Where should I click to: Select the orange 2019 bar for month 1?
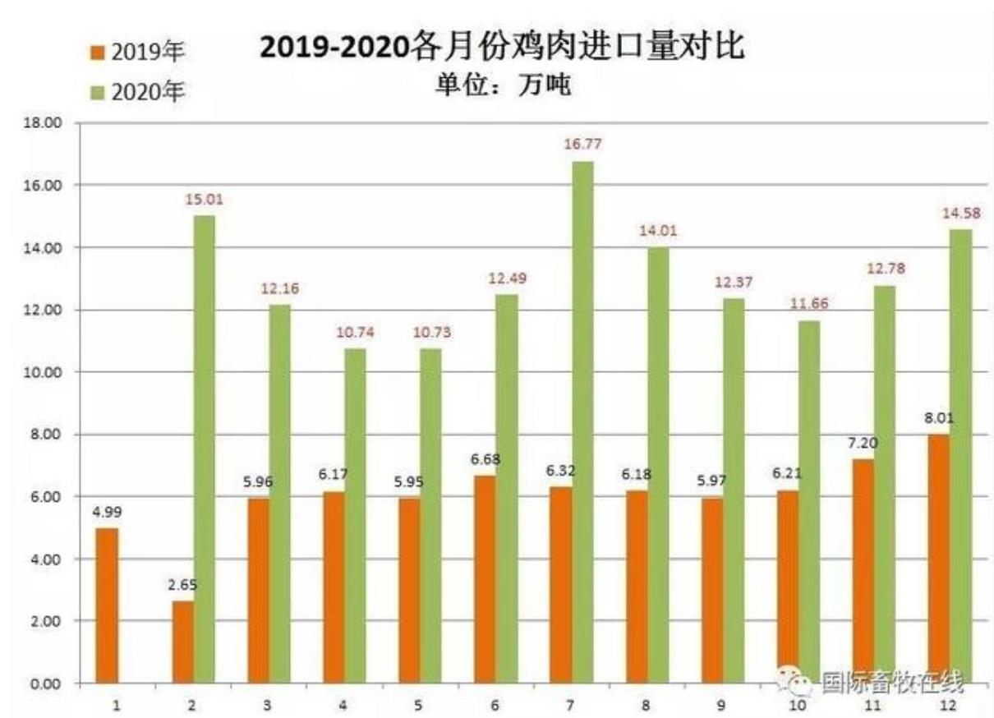[107, 605]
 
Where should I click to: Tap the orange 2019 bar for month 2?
[182, 642]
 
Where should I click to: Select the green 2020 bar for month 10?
[808, 501]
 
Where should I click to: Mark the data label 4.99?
[108, 512]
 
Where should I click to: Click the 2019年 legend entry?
[138, 53]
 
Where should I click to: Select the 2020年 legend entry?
[138, 92]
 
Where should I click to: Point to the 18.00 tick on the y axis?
[46, 123]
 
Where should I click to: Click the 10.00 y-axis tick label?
[46, 372]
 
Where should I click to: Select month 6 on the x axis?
[495, 705]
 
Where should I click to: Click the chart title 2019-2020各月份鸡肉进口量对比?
[502, 47]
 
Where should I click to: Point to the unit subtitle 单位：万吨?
[502, 85]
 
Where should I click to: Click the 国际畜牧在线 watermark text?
[892, 683]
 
